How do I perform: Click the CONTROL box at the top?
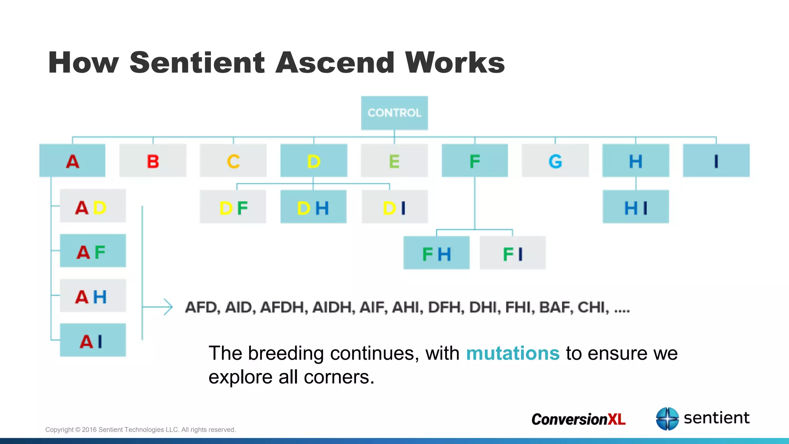point(394,113)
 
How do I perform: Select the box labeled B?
point(153,161)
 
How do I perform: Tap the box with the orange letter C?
point(233,161)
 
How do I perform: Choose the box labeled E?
point(394,161)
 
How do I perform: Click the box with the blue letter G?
point(555,161)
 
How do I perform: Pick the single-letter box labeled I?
point(716,161)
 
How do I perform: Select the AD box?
point(93,206)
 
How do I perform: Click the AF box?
point(93,251)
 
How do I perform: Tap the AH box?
point(93,296)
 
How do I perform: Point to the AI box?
point(93,340)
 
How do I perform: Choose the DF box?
point(233,207)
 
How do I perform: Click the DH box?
point(313,207)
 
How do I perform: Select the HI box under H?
point(636,207)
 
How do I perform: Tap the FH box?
point(436,253)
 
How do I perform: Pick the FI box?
point(513,253)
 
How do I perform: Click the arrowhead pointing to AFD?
point(168,307)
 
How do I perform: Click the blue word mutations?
point(512,353)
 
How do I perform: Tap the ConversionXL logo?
point(578,419)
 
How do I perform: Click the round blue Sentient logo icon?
point(667,419)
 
